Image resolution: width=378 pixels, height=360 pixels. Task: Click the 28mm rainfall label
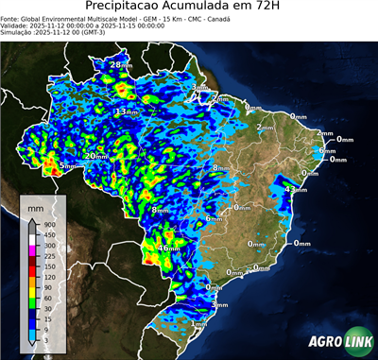(120, 64)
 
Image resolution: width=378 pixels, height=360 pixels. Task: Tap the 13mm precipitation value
(123, 112)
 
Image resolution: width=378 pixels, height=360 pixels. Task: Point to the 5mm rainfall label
(67, 166)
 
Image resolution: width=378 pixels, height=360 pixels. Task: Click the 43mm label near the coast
(297, 190)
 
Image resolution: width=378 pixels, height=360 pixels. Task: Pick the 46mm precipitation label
(167, 249)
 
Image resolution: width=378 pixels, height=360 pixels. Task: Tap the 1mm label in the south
(200, 324)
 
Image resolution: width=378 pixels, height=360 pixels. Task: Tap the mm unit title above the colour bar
(35, 206)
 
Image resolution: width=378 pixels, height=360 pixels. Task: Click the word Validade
(16, 25)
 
